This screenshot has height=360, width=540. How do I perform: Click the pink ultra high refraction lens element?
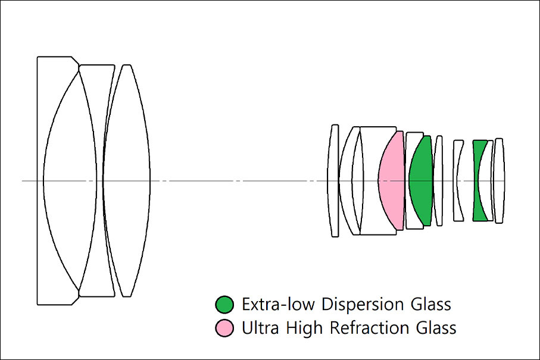pyautogui.click(x=392, y=180)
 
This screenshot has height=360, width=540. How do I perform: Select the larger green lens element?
pyautogui.click(x=421, y=180)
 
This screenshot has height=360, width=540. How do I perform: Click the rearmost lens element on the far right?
pyautogui.click(x=499, y=180)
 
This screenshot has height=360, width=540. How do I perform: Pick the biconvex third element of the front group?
pyautogui.click(x=126, y=180)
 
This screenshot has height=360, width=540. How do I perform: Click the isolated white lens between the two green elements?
pyautogui.click(x=457, y=180)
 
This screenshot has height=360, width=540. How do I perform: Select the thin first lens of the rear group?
pyautogui.click(x=333, y=180)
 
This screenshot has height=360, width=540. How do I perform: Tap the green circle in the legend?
pyautogui.click(x=224, y=304)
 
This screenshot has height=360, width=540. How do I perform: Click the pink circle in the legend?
pyautogui.click(x=224, y=328)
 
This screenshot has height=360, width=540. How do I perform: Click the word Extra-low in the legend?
pyautogui.click(x=278, y=304)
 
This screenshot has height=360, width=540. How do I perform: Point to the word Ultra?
pyautogui.click(x=260, y=328)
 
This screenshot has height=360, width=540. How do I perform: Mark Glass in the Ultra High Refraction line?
pyautogui.click(x=436, y=328)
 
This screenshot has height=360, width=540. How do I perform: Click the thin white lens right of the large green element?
pyautogui.click(x=438, y=180)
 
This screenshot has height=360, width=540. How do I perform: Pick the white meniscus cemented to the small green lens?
pyautogui.click(x=487, y=180)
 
